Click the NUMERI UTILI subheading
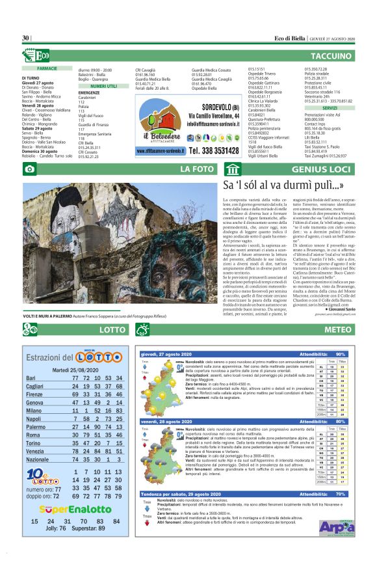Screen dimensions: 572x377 pos(103,86)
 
